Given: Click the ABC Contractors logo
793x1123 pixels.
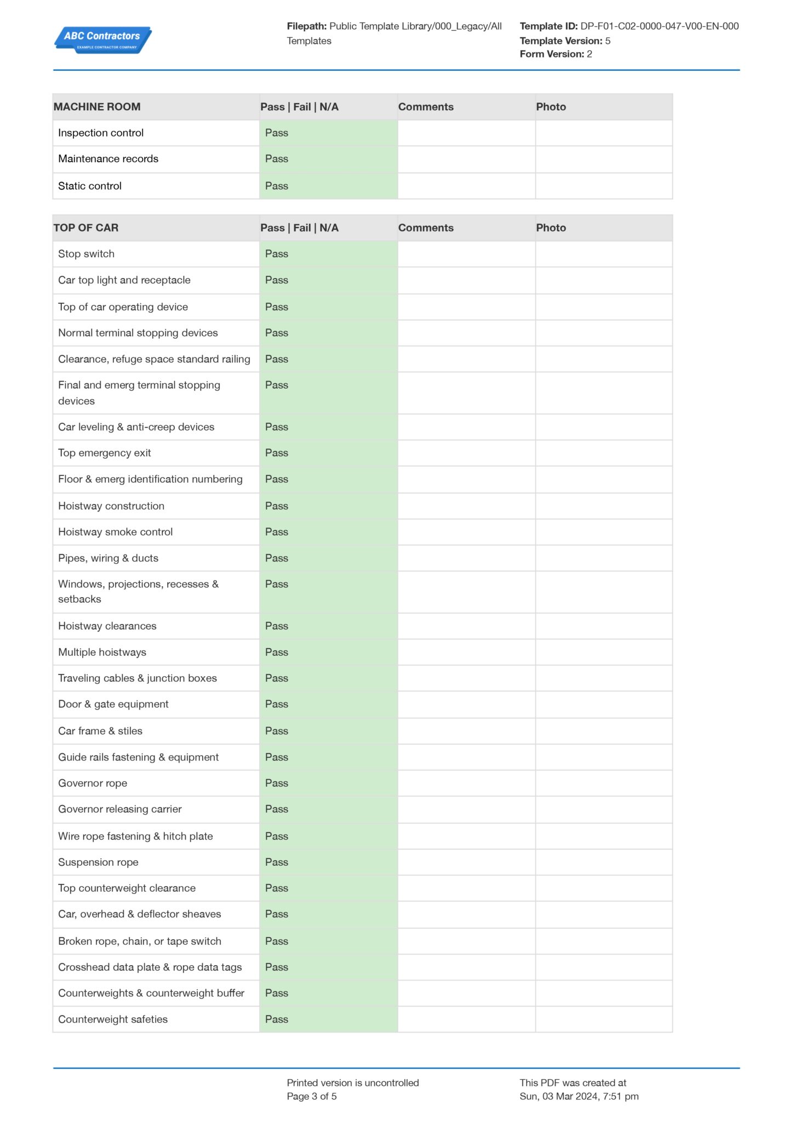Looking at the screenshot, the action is [x=102, y=39].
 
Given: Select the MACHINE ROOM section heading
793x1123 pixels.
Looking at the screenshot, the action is [x=97, y=107].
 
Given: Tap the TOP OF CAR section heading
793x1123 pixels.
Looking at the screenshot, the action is [x=86, y=228].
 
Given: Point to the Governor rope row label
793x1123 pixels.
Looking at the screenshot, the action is [x=93, y=783].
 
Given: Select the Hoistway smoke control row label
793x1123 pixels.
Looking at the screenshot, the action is [x=115, y=532].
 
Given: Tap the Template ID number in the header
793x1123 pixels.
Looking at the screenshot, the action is [x=659, y=26].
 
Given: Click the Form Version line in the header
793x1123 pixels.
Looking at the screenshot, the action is [x=556, y=54].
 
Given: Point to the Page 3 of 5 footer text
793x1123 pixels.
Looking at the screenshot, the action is [x=311, y=1096].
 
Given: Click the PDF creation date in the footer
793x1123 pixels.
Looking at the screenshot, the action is [x=579, y=1096].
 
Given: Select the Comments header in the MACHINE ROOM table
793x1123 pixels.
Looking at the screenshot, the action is [x=426, y=107].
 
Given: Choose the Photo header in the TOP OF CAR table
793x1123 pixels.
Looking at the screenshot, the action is [x=551, y=228].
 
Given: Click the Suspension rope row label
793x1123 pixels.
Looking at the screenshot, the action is [x=98, y=862].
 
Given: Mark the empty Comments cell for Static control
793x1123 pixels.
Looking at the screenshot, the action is [x=466, y=186].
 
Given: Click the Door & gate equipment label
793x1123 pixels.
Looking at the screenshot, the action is [x=113, y=704].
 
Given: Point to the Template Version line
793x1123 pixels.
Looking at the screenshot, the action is [x=564, y=41].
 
